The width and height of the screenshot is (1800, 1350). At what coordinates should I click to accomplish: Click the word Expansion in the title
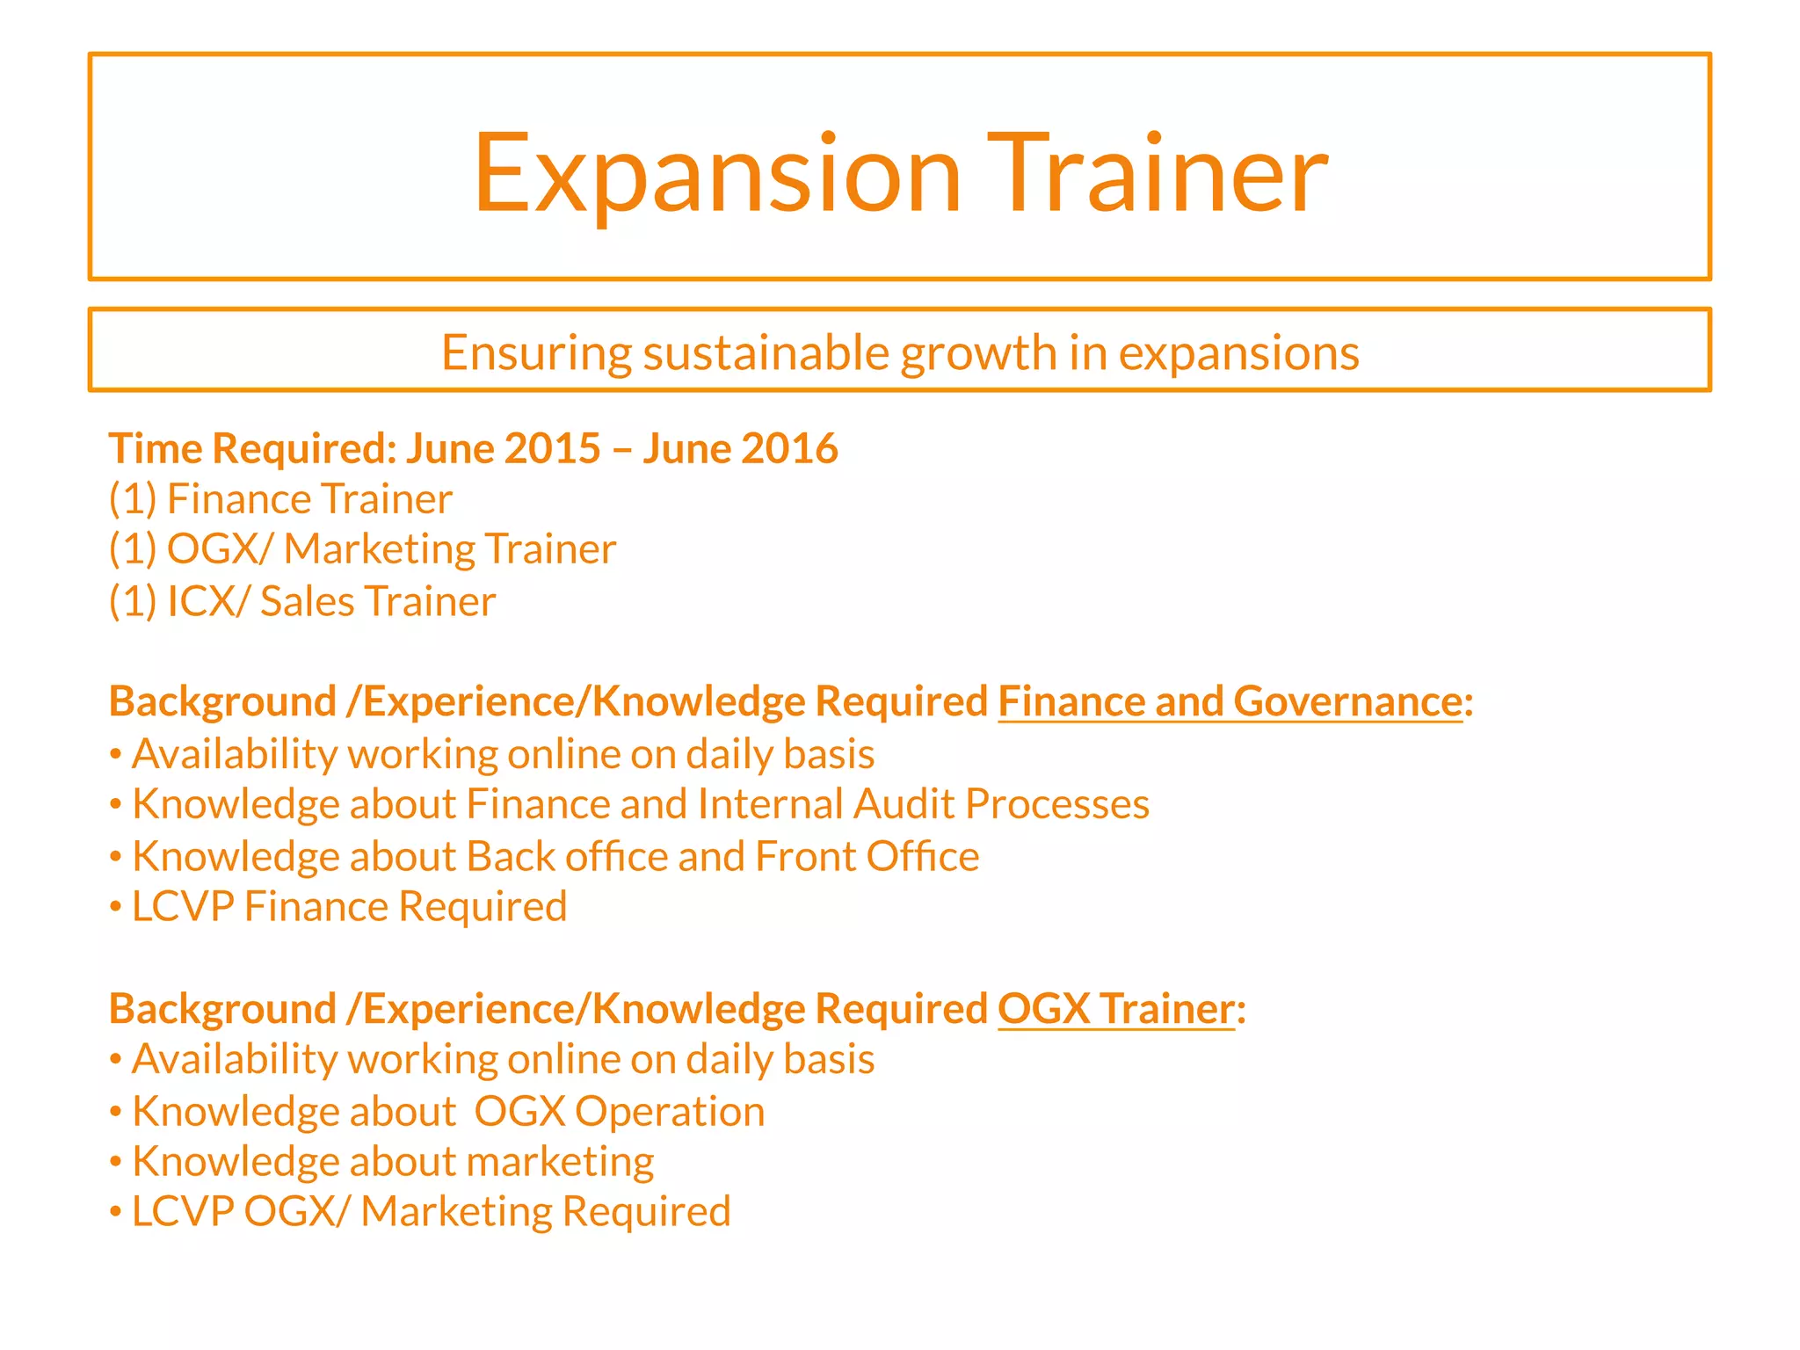(716, 173)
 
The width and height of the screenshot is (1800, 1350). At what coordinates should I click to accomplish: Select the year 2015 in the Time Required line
(552, 448)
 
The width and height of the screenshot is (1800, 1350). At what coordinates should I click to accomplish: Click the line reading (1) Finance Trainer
(280, 499)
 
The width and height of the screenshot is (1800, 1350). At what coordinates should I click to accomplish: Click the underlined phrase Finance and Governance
(1230, 701)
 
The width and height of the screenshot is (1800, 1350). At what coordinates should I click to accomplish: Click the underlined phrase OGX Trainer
(1116, 1008)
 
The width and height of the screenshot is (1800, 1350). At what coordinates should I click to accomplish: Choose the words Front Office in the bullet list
(867, 856)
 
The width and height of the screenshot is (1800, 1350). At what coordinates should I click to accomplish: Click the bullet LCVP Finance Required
(349, 906)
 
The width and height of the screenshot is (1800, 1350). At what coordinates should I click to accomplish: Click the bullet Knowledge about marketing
(392, 1161)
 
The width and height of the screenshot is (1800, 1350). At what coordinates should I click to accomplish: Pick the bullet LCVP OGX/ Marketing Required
(431, 1211)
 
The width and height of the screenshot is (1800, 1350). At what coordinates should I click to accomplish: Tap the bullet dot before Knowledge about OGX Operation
(115, 1113)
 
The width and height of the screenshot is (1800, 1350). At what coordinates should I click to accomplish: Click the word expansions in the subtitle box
(1238, 352)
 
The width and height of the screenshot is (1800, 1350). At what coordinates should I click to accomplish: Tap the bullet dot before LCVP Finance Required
(115, 908)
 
